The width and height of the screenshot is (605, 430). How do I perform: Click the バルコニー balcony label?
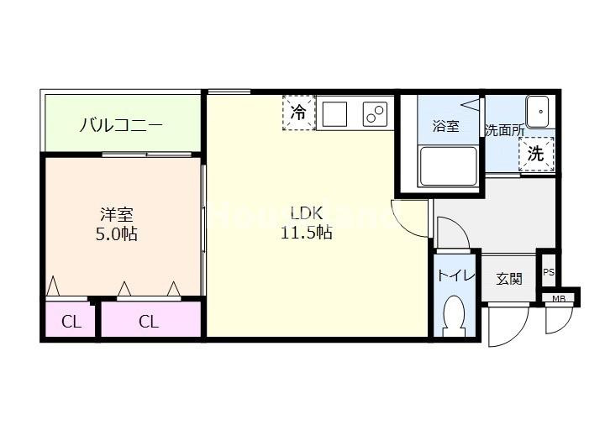pos(121,126)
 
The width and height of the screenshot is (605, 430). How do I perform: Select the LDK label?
pos(305,212)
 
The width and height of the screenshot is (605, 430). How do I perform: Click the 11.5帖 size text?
pos(306,233)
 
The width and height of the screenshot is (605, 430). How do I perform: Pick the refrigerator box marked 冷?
pos(298,113)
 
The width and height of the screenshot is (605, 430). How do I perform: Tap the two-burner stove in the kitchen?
pos(375,113)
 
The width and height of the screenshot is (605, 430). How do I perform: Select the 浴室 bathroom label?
pos(445,127)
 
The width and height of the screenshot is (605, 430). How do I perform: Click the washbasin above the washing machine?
pos(536,110)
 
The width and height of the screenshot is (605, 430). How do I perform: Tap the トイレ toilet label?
pos(456,276)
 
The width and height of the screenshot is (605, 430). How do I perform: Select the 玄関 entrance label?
pos(509,278)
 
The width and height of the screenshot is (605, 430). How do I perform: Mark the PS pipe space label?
pos(548,272)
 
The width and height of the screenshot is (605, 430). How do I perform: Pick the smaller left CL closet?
pos(71,321)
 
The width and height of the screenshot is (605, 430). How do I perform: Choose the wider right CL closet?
pos(149,321)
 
